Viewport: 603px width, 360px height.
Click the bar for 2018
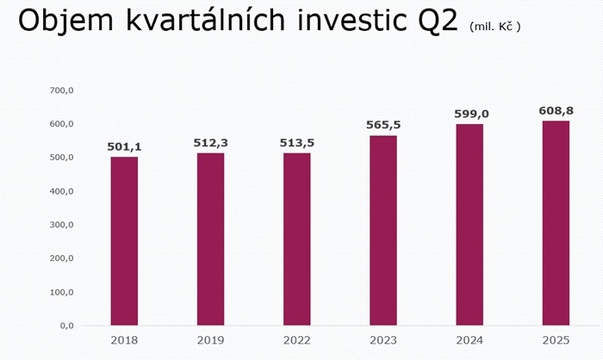124,241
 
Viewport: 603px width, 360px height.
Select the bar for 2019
210,239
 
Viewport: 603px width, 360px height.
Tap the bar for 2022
297,239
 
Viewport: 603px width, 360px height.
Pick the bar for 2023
383,230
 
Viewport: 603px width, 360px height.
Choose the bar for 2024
469,225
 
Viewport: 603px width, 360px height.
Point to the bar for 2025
556,223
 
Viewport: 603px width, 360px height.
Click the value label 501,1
124,147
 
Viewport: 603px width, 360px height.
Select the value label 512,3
210,143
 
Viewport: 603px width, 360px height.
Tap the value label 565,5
383,126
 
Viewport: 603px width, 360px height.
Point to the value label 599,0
469,114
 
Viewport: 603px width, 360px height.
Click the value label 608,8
556,110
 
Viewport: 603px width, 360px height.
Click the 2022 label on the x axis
297,341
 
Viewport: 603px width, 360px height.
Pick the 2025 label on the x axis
556,341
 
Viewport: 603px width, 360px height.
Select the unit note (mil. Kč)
494,28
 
